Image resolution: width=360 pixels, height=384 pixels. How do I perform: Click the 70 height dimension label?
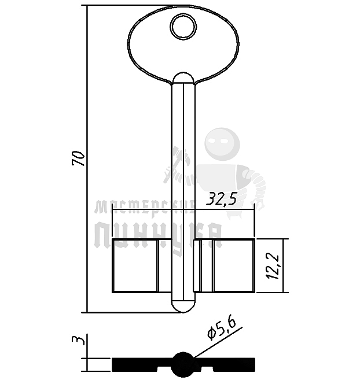[79, 158]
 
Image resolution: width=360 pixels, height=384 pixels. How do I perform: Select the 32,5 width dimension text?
[222, 200]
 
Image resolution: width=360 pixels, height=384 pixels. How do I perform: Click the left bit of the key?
[135, 265]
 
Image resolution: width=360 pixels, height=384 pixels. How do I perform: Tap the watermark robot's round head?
[223, 143]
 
